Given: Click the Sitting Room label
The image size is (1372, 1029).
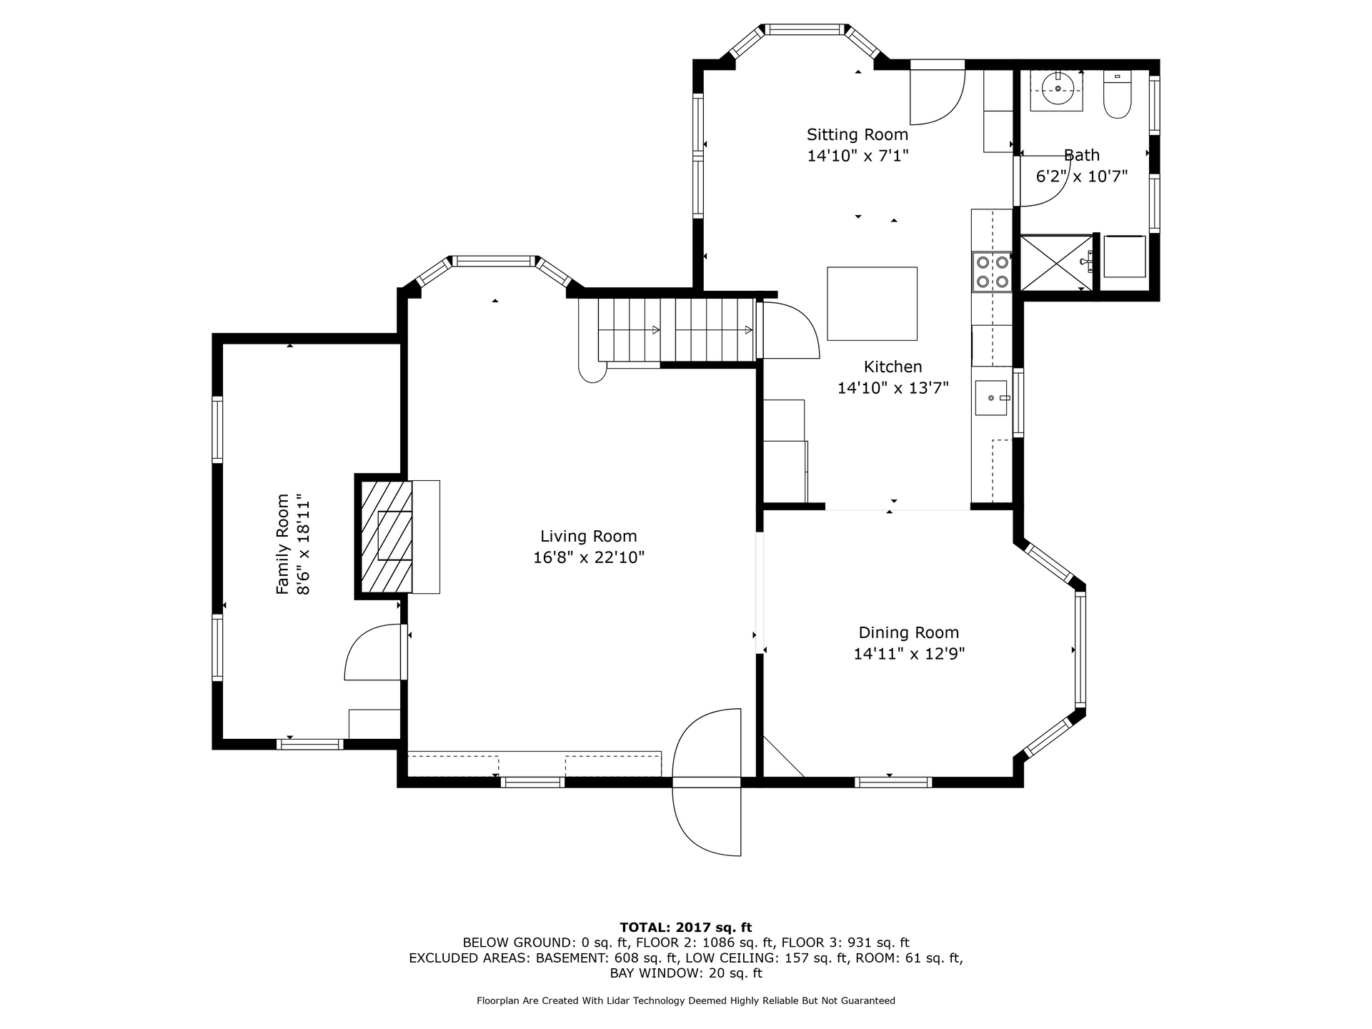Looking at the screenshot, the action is click(x=857, y=134).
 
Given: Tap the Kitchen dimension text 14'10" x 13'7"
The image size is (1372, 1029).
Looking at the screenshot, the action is click(x=893, y=388).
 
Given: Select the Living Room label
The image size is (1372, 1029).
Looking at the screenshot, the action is click(x=589, y=536).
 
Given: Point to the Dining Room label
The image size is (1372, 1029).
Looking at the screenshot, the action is click(x=909, y=632).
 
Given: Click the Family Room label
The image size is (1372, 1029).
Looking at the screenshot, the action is click(x=283, y=544).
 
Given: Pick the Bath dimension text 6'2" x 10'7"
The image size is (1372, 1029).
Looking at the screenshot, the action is click(x=1082, y=176).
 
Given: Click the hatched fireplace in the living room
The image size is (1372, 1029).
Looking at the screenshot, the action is click(x=386, y=537).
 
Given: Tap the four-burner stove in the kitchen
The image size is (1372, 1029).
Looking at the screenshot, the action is click(x=992, y=272).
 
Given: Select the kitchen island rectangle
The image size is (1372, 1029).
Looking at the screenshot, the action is click(x=872, y=304).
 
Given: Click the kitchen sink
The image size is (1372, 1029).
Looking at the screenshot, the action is click(x=991, y=398).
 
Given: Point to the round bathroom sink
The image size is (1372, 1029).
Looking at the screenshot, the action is click(x=1058, y=89).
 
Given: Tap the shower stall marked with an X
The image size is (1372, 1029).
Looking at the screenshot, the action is click(x=1056, y=263).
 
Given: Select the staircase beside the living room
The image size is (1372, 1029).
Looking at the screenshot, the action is click(x=668, y=330).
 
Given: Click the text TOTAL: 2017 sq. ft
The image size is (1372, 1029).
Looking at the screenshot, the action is click(x=686, y=928).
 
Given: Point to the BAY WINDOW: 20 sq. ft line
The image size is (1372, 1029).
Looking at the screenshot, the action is click(x=686, y=973).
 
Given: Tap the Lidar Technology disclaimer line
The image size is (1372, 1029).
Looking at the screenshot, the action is click(x=686, y=1001).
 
